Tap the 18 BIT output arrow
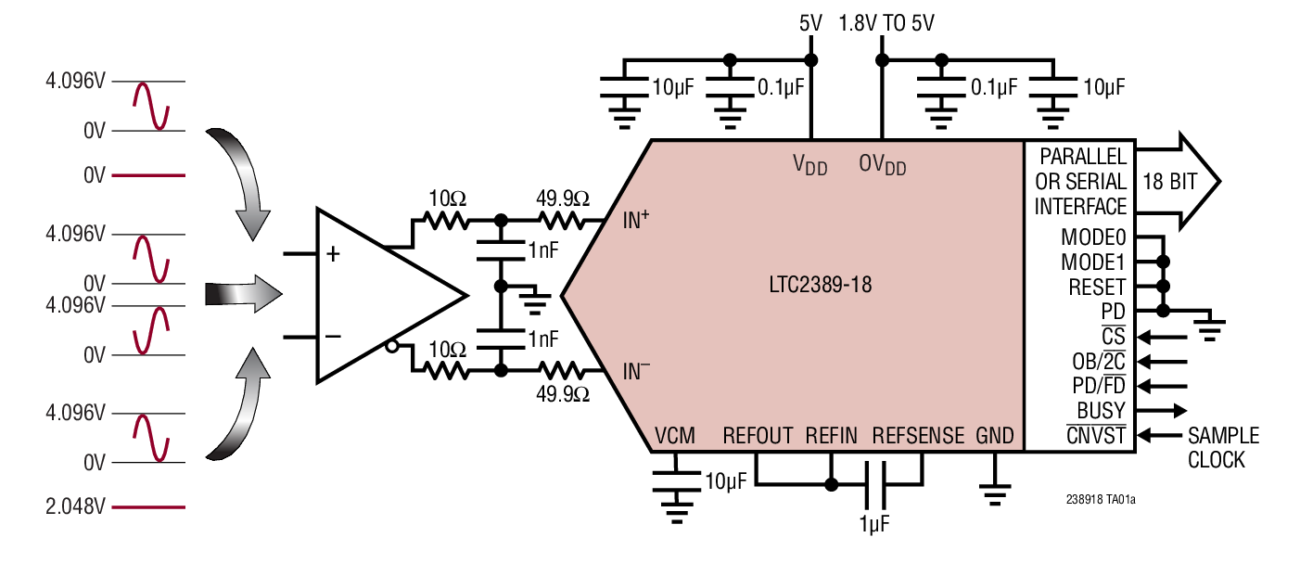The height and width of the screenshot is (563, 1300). point(1173,181)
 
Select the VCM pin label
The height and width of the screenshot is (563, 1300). point(674,436)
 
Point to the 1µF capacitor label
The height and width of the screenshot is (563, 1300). point(873,524)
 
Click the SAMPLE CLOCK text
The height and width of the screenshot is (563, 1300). point(1223,447)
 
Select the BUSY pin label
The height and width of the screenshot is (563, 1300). point(1101,410)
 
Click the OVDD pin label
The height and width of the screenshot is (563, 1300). point(882,165)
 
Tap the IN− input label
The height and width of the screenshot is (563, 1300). point(635,372)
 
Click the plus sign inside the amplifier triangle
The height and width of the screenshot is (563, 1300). point(332,253)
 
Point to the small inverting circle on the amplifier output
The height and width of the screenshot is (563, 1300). point(393,348)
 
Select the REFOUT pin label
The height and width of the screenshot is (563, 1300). point(758,436)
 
